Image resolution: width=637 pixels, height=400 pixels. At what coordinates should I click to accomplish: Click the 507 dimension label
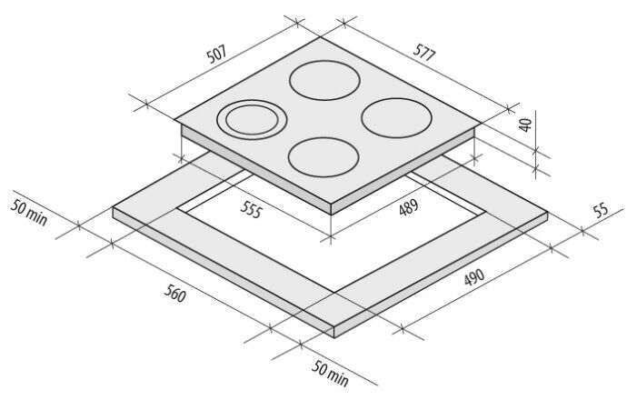tap(216, 55)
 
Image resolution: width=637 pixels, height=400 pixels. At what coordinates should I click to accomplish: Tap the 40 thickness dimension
tap(525, 125)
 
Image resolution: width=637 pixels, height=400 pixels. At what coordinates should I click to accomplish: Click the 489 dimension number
tap(408, 207)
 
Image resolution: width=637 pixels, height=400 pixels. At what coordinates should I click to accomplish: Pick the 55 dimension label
tap(601, 210)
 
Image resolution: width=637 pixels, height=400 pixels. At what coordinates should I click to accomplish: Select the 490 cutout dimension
tap(474, 277)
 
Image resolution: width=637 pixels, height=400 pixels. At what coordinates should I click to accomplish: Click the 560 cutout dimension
tap(175, 294)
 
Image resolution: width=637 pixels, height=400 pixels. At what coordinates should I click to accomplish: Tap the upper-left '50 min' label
tap(29, 213)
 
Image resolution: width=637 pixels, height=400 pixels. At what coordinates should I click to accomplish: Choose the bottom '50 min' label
tap(330, 374)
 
